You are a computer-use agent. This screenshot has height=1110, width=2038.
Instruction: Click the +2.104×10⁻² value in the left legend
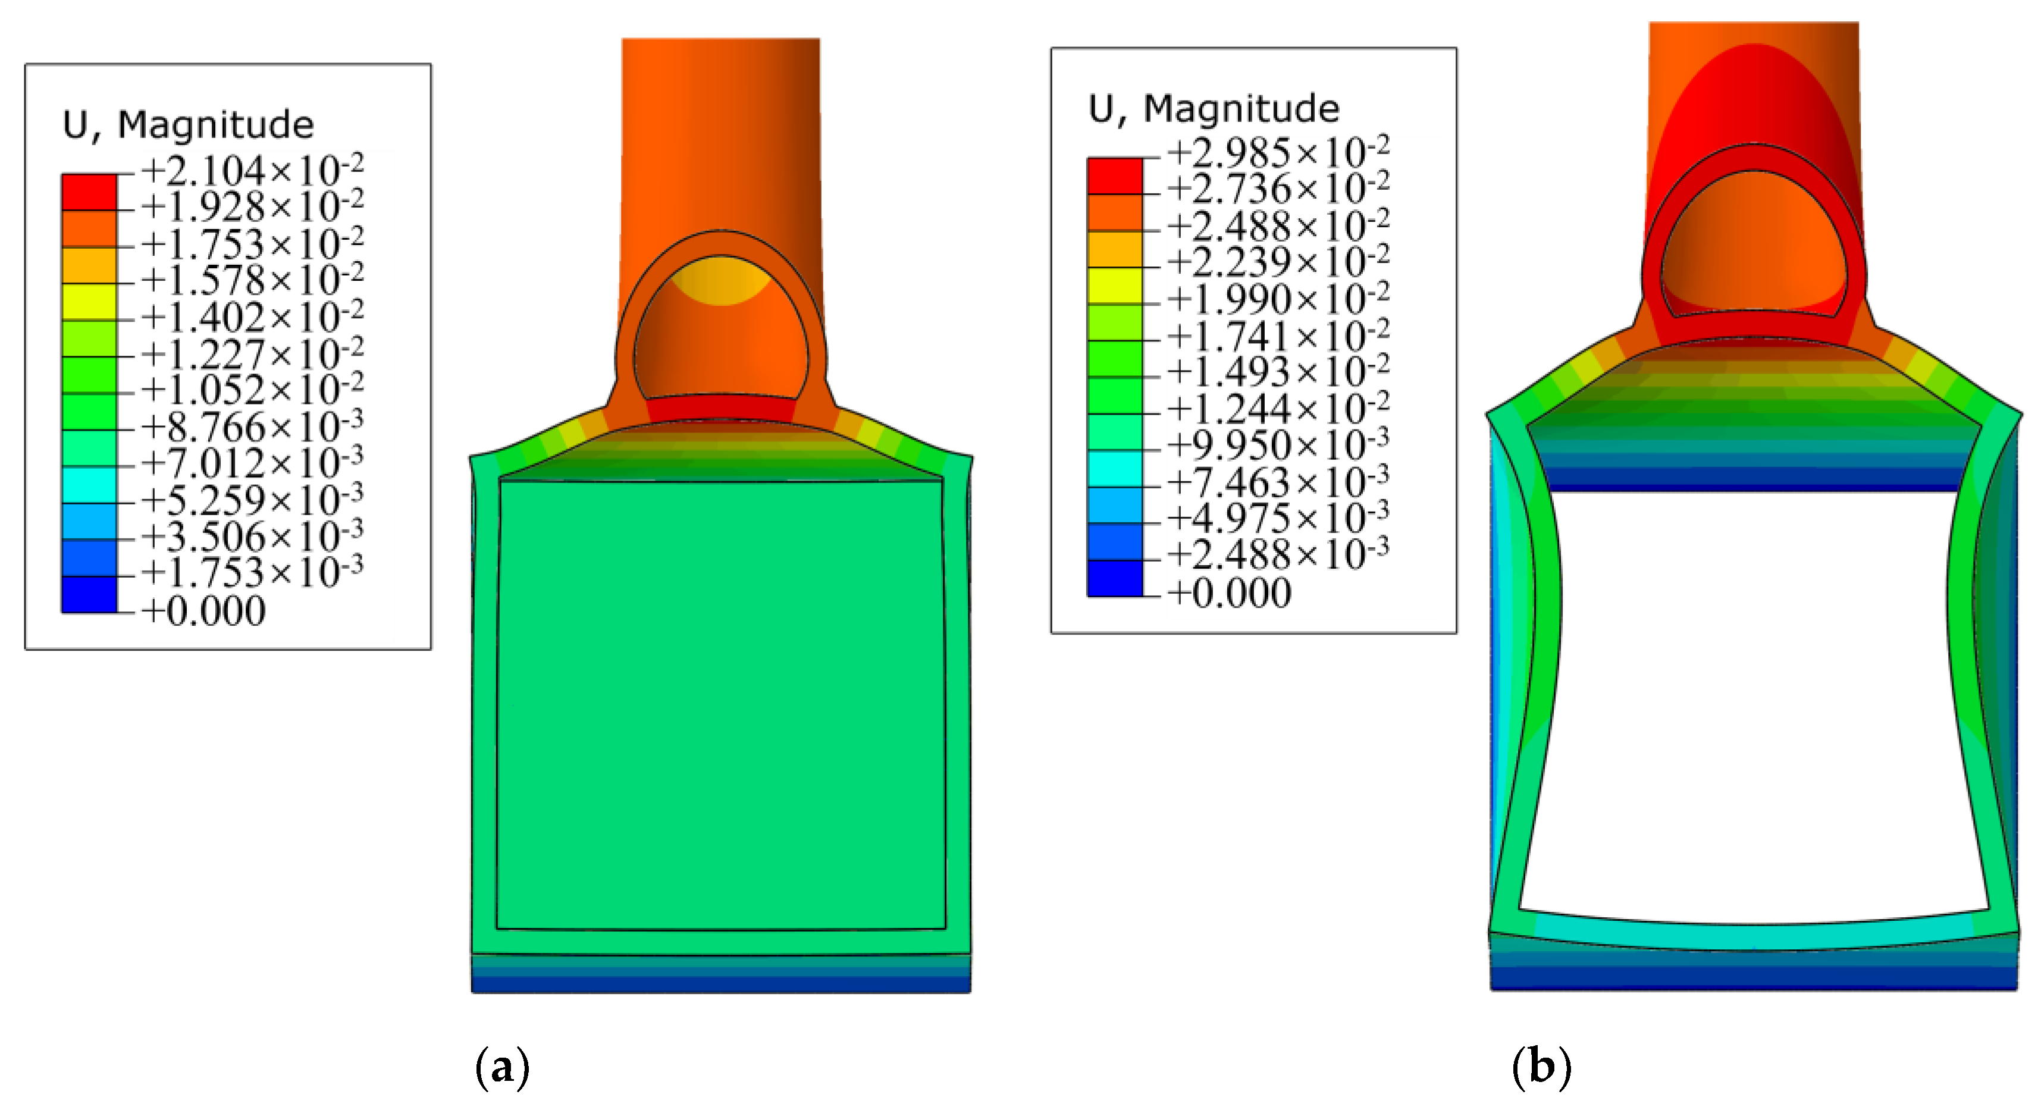(252, 170)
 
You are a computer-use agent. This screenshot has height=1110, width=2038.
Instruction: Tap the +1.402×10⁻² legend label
(252, 316)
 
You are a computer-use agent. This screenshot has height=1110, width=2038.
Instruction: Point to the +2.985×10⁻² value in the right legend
(1278, 150)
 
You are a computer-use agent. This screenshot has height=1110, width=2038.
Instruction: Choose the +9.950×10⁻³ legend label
(1278, 444)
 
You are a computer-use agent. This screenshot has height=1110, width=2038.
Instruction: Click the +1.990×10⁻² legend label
(1278, 297)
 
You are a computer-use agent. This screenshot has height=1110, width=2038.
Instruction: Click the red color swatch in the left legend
(89, 192)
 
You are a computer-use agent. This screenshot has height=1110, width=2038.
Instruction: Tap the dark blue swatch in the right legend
(1115, 578)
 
